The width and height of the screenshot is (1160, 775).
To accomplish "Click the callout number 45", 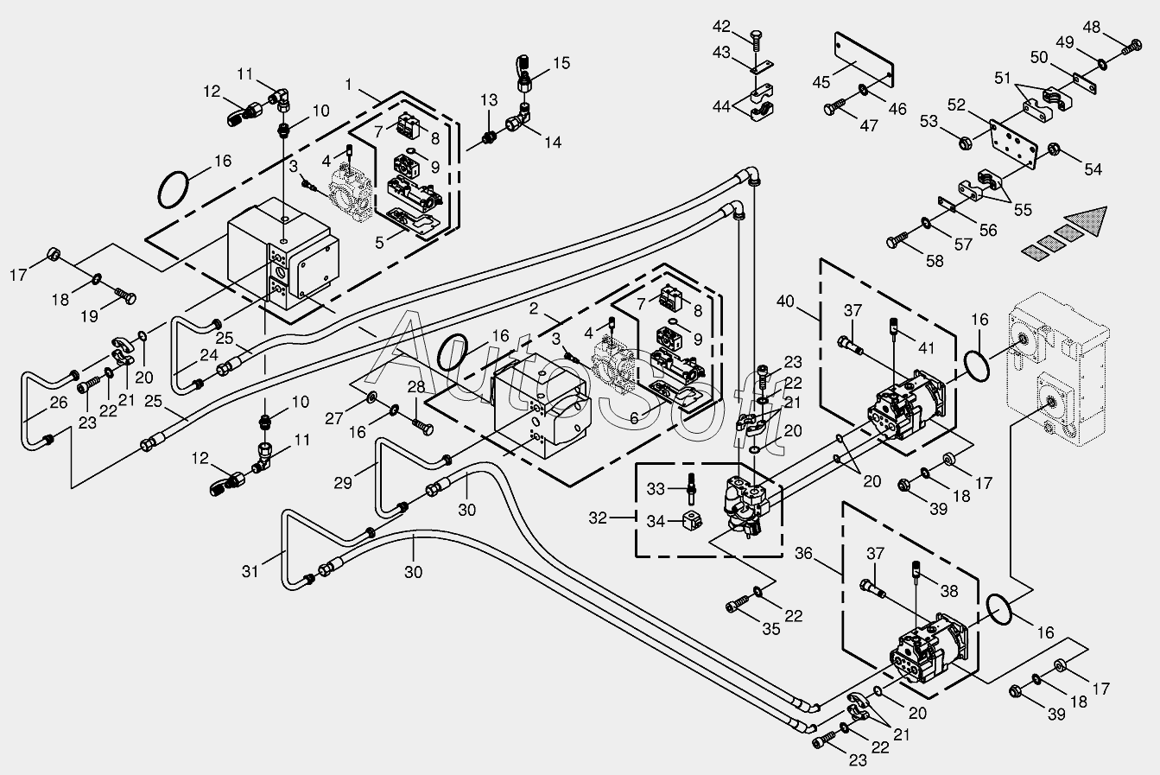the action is [821, 82].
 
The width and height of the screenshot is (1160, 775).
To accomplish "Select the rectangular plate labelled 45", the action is [865, 60].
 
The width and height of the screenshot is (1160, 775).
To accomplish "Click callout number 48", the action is [1091, 27].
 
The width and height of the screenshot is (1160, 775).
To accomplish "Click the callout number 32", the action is [598, 518].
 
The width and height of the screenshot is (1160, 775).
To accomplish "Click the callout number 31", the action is [250, 571].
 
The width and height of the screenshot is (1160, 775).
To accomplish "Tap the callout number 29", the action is [343, 483].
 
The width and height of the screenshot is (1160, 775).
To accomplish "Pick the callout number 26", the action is [59, 402].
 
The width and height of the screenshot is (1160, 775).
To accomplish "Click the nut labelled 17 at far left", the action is [54, 254].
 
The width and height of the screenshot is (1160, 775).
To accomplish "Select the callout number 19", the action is [90, 316].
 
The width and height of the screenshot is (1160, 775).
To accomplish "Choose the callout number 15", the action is [561, 63].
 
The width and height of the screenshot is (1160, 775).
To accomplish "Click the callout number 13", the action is [489, 100].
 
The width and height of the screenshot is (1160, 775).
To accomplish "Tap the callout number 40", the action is [786, 301].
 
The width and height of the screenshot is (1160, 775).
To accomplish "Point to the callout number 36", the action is [804, 554].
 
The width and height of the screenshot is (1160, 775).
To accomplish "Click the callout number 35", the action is [771, 629].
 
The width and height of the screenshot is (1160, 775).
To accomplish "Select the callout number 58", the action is [935, 261].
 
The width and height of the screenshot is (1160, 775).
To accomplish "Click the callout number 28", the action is [416, 386].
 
